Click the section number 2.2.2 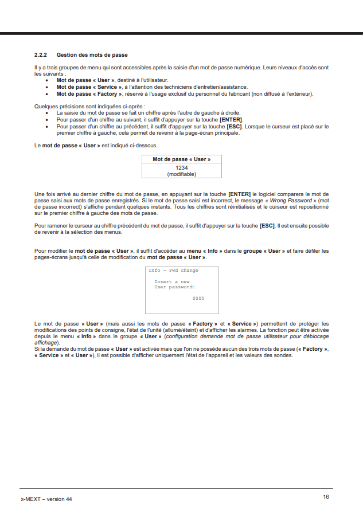[x=41, y=55]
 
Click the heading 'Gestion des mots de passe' [x=92, y=55]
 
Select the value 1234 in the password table [x=182, y=167]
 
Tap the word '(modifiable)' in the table [x=182, y=174]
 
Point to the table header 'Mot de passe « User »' [x=182, y=159]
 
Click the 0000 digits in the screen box [x=198, y=299]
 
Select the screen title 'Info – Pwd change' [x=173, y=271]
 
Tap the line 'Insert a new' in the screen [x=172, y=282]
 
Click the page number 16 [x=326, y=497]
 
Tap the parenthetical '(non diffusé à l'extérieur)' [x=281, y=93]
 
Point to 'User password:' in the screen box [x=175, y=287]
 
